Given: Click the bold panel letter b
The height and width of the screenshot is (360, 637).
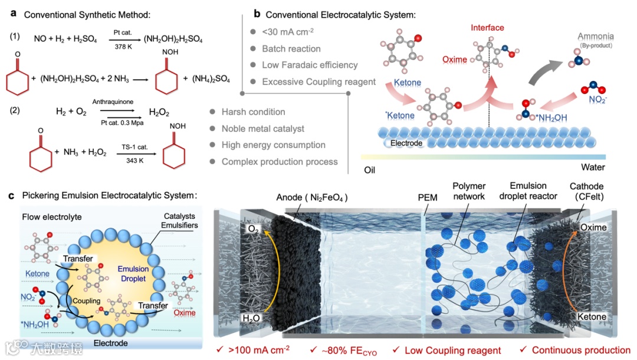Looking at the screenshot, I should click(256, 14).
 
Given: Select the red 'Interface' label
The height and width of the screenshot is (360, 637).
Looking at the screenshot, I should click(487, 28).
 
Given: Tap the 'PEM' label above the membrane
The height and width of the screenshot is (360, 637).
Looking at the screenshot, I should click(427, 198).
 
